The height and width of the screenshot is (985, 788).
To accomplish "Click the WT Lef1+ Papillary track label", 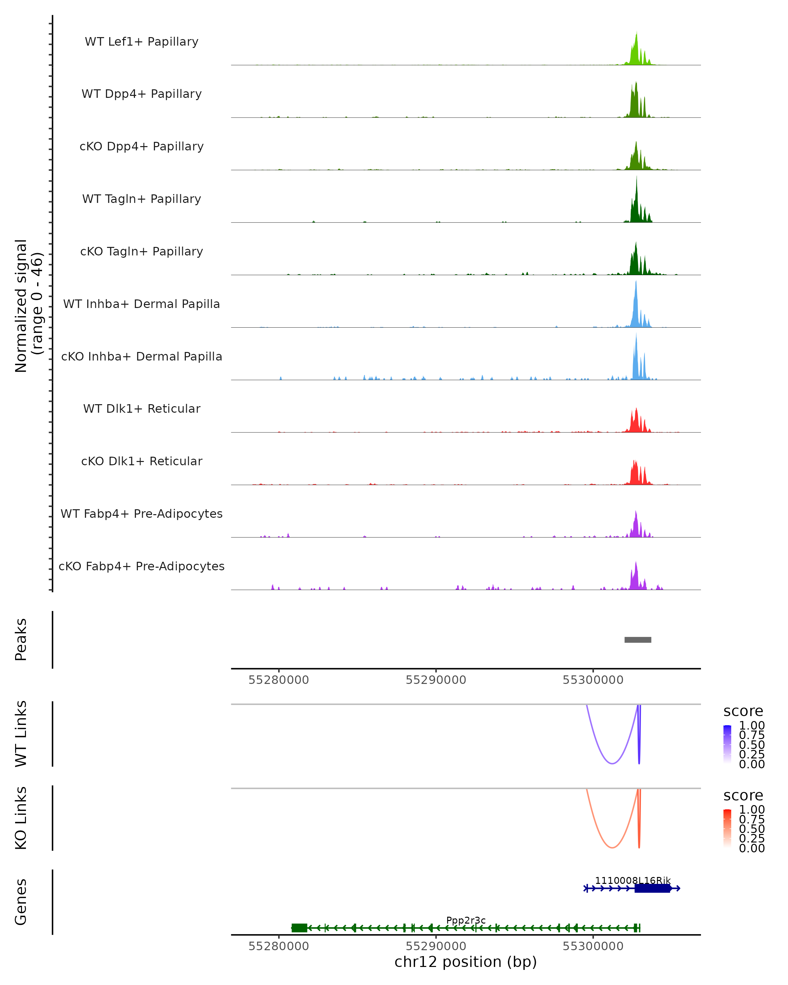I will pyautogui.click(x=142, y=42).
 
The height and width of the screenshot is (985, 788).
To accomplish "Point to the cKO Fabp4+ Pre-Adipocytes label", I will pyautogui.click(x=142, y=566).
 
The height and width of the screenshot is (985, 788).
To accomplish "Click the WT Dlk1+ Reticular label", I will pyautogui.click(x=142, y=408).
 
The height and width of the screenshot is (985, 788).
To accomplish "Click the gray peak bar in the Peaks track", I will pyautogui.click(x=638, y=640).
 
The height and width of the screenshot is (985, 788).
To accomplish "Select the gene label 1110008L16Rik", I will pyautogui.click(x=633, y=880).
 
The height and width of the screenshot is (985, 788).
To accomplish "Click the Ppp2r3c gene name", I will pyautogui.click(x=466, y=920).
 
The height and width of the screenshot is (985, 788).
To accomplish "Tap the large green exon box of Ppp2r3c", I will pyautogui.click(x=299, y=928).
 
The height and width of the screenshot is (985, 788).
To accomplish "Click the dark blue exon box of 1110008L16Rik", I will pyautogui.click(x=652, y=888).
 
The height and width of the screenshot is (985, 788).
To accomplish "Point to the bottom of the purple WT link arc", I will pyautogui.click(x=612, y=763).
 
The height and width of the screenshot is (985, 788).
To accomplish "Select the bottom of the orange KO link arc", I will pyautogui.click(x=612, y=847).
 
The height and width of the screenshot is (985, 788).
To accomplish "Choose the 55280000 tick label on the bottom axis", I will pyautogui.click(x=279, y=946).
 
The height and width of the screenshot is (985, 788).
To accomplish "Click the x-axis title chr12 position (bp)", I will pyautogui.click(x=466, y=962).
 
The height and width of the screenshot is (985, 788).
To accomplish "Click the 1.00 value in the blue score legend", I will pyautogui.click(x=752, y=726).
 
